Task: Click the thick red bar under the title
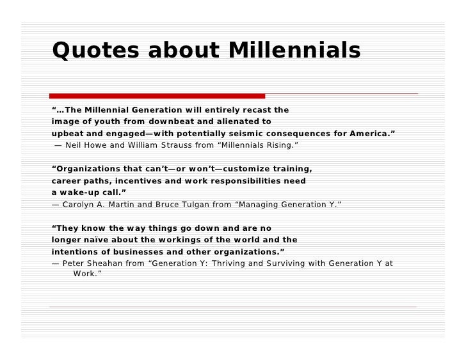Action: pyautogui.click(x=157, y=96)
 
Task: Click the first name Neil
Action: pyautogui.click(x=75, y=145)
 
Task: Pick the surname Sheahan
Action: pyautogui.click(x=113, y=263)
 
